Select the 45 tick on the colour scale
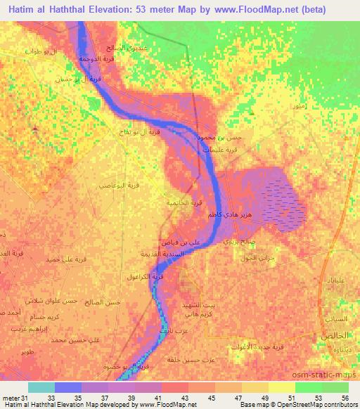pyautogui.click(x=211, y=398)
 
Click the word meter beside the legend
pyautogui.click(x=9, y=398)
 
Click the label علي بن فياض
pyautogui.click(x=181, y=241)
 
